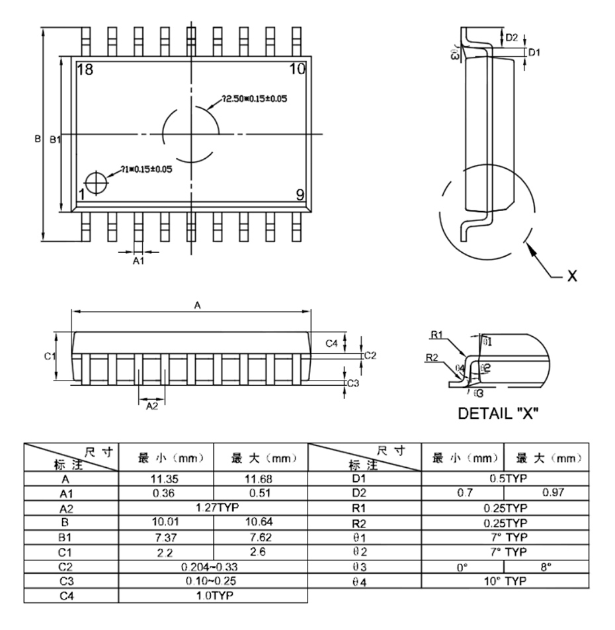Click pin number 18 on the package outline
85,70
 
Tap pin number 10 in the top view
297,69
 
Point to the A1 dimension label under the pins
138,262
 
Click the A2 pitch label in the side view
151,405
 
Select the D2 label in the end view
512,38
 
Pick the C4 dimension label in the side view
333,343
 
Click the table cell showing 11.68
260,477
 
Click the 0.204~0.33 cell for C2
213,566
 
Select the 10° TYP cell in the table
503,580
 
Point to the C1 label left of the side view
49,357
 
